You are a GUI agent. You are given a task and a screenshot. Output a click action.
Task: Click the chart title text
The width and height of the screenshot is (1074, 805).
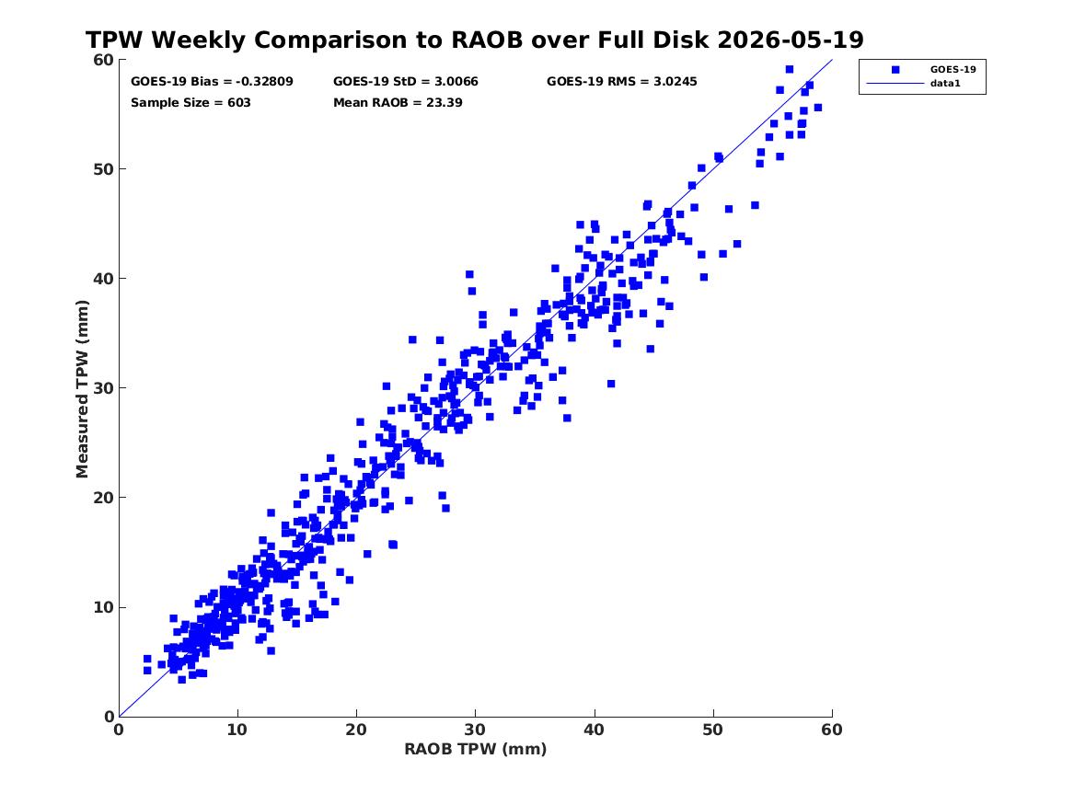(x=475, y=40)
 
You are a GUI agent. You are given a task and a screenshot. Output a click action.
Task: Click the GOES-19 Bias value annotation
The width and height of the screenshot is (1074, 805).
(x=212, y=82)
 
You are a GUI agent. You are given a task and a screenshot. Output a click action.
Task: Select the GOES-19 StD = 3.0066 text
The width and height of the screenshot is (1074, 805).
(x=406, y=82)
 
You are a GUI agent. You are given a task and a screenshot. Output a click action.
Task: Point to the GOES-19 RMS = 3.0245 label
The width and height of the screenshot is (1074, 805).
(x=621, y=82)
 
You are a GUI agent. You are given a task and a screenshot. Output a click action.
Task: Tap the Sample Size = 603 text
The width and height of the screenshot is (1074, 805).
(x=191, y=103)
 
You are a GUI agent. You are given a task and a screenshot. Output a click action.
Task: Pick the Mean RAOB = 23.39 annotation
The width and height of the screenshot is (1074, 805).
(x=398, y=103)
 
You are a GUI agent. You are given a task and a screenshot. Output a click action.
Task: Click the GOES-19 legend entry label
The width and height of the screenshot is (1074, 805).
(x=953, y=69)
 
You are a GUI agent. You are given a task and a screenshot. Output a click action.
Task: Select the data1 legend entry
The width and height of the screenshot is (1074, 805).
(x=945, y=84)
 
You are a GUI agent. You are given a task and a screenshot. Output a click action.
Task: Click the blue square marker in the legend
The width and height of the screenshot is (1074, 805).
(x=895, y=69)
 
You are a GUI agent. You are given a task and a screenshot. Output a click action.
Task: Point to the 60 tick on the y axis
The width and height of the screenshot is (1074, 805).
(x=103, y=60)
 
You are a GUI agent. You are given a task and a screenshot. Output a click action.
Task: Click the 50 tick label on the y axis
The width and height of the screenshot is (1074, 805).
(x=103, y=169)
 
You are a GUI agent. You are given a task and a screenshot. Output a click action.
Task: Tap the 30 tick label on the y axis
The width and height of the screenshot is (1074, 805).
(x=103, y=388)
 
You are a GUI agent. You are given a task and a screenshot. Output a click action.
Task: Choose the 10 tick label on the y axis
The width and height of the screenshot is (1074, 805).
(x=103, y=607)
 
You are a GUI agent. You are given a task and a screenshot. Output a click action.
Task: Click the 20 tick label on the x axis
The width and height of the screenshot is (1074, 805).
(x=356, y=730)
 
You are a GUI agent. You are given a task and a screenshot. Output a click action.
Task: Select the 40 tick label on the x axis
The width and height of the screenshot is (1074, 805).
(x=594, y=730)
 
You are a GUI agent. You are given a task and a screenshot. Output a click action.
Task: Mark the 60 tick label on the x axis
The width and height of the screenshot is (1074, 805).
(x=832, y=730)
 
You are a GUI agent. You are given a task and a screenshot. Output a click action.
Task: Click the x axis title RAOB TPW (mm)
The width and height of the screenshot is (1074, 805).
(x=476, y=749)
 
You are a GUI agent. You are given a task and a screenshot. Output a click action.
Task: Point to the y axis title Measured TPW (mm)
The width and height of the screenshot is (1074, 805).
(x=82, y=388)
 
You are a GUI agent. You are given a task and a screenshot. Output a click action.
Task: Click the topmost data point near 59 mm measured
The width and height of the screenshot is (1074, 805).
(x=789, y=69)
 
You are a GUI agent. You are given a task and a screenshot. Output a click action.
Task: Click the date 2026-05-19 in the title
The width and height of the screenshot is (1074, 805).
(x=791, y=40)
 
